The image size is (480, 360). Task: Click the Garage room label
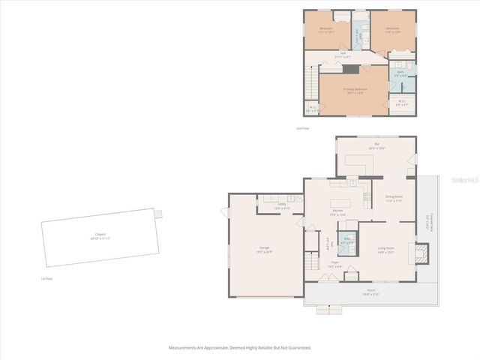click(265, 249)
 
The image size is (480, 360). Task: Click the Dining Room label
click(394, 198)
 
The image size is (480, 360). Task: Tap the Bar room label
click(376, 145)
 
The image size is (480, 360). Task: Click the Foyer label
click(335, 264)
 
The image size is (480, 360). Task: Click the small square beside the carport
click(158, 214)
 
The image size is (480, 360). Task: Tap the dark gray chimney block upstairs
click(350, 69)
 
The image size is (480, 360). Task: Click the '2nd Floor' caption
click(302, 129)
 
